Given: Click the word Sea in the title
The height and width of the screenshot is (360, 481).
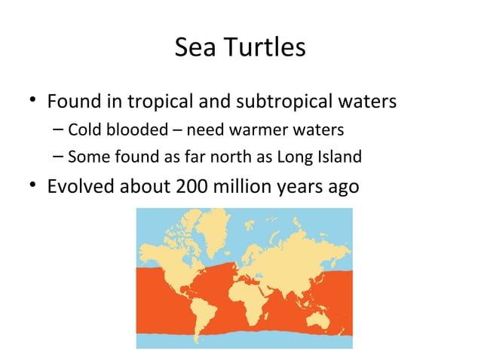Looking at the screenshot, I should tap(191, 48).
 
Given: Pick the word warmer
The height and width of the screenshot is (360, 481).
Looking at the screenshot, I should tap(273, 130).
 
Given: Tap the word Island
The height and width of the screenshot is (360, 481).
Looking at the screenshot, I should tap(341, 157).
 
